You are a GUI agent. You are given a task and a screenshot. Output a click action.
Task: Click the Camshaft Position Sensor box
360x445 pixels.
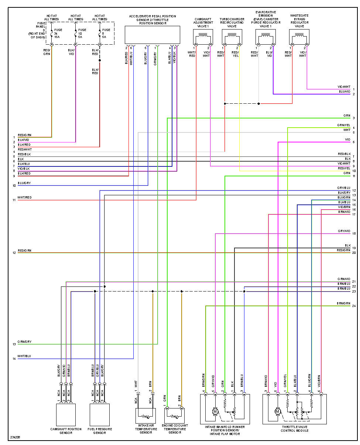pyautogui.click(x=66, y=415)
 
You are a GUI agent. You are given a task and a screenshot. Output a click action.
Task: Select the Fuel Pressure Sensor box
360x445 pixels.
pyautogui.click(x=100, y=415)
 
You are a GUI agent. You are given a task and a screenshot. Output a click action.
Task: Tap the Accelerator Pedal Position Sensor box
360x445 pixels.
pyautogui.click(x=152, y=35)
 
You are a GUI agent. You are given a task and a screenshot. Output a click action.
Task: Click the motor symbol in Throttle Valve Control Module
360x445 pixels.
pyautogui.click(x=278, y=411)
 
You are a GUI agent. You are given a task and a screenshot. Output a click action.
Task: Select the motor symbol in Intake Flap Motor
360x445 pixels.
pyautogui.click(x=215, y=411)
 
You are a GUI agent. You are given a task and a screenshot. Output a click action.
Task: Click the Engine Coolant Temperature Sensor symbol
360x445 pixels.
pyautogui.click(x=174, y=416)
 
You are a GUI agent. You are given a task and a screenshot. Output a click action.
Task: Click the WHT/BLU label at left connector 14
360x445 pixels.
pyautogui.click(x=24, y=356)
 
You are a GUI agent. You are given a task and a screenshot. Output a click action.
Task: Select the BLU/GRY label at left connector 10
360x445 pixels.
pyautogui.click(x=24, y=183)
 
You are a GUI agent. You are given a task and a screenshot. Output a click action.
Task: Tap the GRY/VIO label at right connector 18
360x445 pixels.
pyautogui.click(x=344, y=231)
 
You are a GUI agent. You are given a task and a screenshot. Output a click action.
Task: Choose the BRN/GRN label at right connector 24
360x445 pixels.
pyautogui.click(x=343, y=303)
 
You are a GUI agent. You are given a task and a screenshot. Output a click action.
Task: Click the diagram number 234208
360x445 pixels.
pyautogui.click(x=15, y=438)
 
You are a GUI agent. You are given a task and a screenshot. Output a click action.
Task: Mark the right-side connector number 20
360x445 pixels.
pyautogui.click(x=354, y=253)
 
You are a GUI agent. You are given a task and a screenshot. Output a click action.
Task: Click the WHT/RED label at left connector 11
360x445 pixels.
pyautogui.click(x=25, y=198)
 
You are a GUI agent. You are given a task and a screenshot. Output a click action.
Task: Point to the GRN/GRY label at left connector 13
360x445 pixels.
pyautogui.click(x=24, y=342)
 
